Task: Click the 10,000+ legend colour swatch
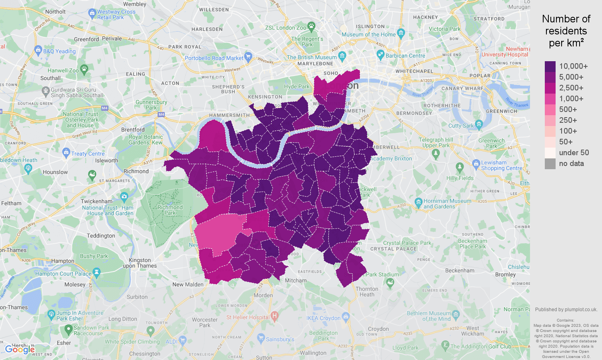click(x=550, y=66)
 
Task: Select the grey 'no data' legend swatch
click(x=550, y=164)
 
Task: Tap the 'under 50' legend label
click(x=574, y=153)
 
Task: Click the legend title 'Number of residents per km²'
click(x=566, y=31)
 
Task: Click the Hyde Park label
click(x=296, y=86)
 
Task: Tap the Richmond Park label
click(x=170, y=210)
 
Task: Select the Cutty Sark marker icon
click(x=479, y=124)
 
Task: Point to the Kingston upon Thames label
click(x=140, y=263)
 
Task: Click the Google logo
click(x=20, y=350)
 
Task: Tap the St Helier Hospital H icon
click(x=274, y=316)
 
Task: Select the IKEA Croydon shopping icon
click(x=346, y=317)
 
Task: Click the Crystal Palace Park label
click(x=407, y=243)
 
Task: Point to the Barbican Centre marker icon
click(x=380, y=55)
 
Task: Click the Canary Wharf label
click(x=462, y=88)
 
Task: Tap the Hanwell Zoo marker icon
click(x=84, y=70)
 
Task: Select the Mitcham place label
click(x=296, y=280)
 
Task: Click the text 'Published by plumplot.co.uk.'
click(x=566, y=309)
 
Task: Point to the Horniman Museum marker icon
click(x=418, y=202)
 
